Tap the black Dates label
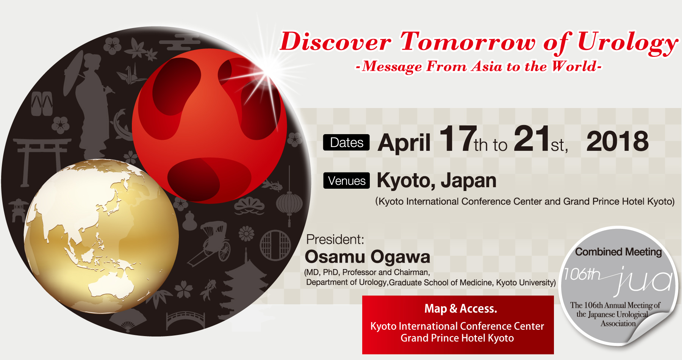346,142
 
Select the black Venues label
346,181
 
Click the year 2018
618,141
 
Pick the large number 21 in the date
532,139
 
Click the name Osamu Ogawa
368,257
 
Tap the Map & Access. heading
461,309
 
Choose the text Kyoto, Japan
436,181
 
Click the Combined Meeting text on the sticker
618,252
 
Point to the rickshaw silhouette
212,243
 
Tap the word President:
335,239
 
